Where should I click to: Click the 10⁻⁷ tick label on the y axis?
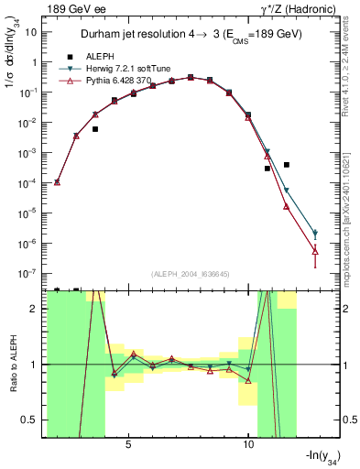(x=29, y=273)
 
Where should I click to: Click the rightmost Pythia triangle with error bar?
(x=315, y=249)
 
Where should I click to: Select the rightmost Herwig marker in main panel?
(x=315, y=234)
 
